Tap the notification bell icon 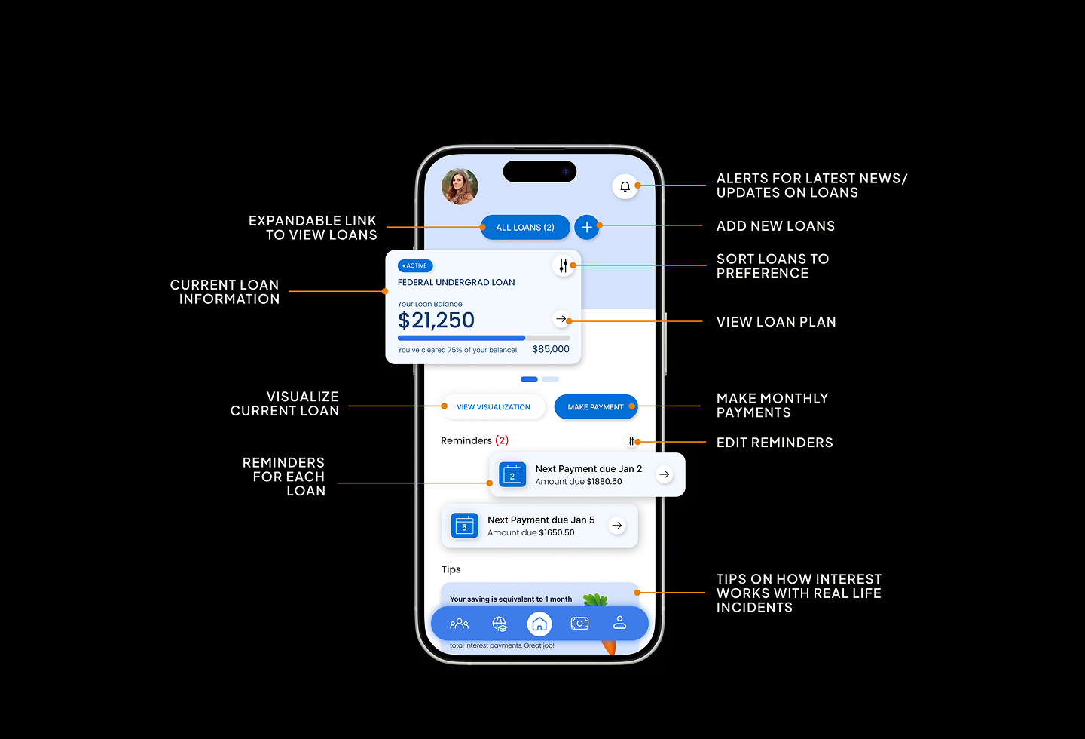(625, 186)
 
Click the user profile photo (460, 186)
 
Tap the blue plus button (586, 227)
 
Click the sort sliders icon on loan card (563, 265)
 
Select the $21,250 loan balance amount (436, 320)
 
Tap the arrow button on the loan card (561, 319)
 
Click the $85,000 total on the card (551, 349)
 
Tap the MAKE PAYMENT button (595, 407)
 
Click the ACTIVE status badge (415, 266)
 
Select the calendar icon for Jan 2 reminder (512, 474)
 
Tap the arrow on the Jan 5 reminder (617, 526)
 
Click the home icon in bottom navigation (539, 624)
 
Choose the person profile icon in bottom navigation (619, 623)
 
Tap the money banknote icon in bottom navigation (579, 624)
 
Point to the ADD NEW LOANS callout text (775, 226)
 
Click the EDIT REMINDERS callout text (775, 443)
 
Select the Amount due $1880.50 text (579, 482)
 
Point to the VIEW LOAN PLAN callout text (776, 322)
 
